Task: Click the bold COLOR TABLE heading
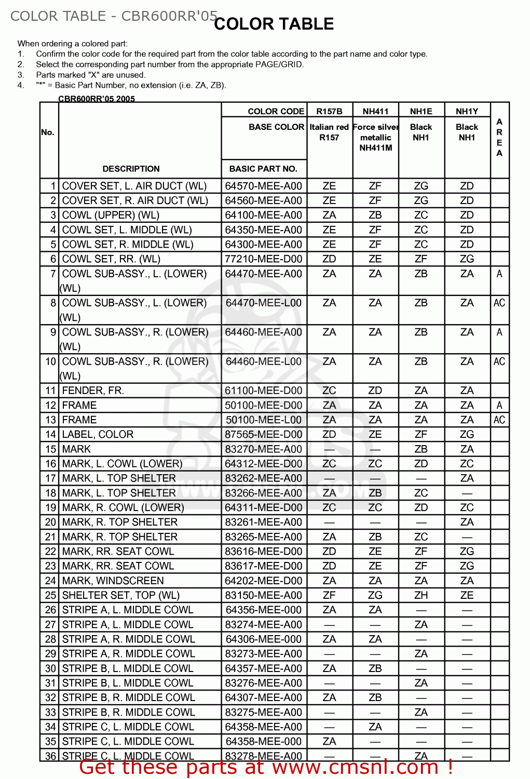[x=274, y=24]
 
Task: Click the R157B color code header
[x=329, y=111]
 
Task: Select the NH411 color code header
[x=375, y=111]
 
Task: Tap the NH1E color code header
[x=421, y=111]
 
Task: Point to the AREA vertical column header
[x=499, y=138]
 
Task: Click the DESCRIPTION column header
[x=131, y=169]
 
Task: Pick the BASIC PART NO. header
[x=263, y=169]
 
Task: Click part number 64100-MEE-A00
[x=263, y=215]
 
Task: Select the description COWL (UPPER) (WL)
[x=111, y=215]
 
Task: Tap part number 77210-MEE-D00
[x=263, y=259]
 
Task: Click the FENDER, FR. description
[x=93, y=391]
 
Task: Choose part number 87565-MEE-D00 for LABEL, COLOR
[x=263, y=434]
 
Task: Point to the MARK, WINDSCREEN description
[x=113, y=581]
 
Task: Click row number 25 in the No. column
[x=50, y=595]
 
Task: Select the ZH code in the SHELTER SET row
[x=421, y=595]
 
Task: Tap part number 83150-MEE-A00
[x=263, y=595]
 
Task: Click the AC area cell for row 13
[x=499, y=420]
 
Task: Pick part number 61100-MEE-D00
[x=263, y=391]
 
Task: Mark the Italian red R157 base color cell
[x=329, y=132]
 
